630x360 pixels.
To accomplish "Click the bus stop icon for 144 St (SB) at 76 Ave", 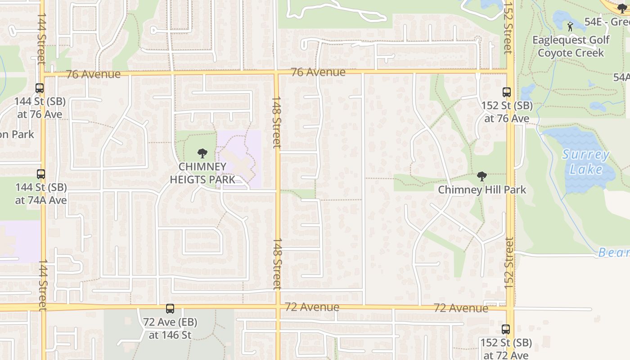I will (40, 88).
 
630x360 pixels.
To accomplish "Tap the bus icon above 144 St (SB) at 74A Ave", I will (41, 174).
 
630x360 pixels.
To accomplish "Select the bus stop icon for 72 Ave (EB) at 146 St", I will (170, 309).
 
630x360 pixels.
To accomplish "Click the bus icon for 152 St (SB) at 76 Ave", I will (507, 92).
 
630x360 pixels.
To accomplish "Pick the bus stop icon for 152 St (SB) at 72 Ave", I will (506, 329).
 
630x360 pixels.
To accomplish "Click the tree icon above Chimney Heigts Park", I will (202, 153).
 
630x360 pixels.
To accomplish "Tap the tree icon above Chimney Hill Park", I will (482, 176).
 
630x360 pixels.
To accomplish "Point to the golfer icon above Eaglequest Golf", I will (570, 27).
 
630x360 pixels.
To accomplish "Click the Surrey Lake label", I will (586, 162).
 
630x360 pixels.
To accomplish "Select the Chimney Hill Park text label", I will (482, 189).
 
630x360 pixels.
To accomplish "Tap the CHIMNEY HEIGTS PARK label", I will (202, 173).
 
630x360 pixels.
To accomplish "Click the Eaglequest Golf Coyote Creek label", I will (571, 46).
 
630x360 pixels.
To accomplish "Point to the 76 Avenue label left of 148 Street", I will (93, 74).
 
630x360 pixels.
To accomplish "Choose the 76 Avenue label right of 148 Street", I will (318, 72).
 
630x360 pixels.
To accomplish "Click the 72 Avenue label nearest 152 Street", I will (461, 308).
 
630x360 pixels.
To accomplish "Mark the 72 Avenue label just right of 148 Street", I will (312, 307).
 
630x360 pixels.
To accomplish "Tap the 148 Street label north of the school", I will (276, 121).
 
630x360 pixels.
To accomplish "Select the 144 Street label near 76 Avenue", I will (41, 38).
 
